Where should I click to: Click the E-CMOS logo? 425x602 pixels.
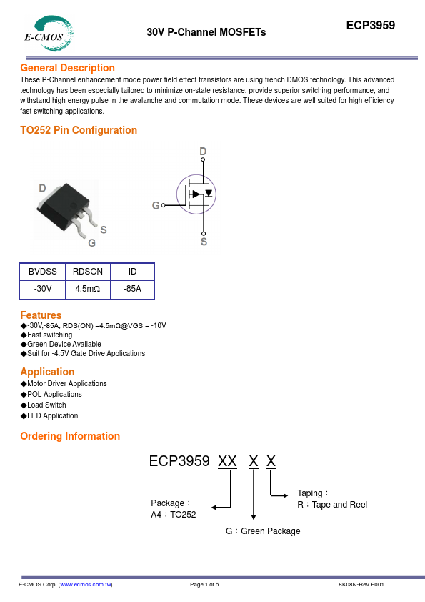point(49,34)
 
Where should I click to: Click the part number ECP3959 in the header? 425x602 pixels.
point(371,25)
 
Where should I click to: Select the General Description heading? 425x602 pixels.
point(68,68)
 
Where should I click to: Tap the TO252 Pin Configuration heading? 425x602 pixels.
point(79,130)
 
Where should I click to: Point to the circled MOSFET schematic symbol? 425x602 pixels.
point(196,194)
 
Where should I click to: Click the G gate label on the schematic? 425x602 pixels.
point(156,205)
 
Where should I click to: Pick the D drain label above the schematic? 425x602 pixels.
point(203,152)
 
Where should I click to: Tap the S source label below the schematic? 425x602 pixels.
point(204,242)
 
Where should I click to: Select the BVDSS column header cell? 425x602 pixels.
point(43,272)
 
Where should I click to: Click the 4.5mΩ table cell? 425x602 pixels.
point(88,289)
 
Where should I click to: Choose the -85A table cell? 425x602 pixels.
point(132,289)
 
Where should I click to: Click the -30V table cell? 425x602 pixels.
point(43,289)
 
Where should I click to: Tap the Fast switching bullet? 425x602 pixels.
point(46,335)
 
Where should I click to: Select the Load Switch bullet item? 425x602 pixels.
point(44,405)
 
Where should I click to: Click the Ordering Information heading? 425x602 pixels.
point(70,436)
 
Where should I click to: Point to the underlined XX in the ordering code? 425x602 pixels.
point(227,461)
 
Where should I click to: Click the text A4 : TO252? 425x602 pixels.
point(174,515)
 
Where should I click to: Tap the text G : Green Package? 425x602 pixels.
point(263,531)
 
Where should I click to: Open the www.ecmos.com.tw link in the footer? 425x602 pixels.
point(86,584)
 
